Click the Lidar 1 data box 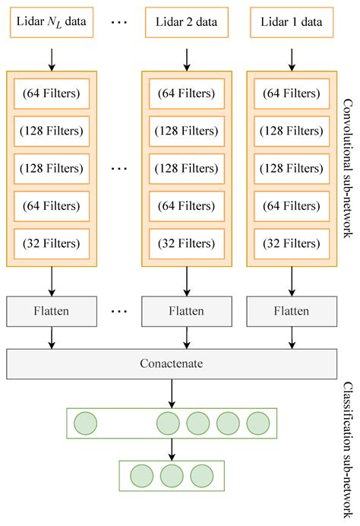(292, 22)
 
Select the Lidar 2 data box (186, 22)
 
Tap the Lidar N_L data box (51, 22)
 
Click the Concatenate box (172, 363)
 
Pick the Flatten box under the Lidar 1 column (292, 311)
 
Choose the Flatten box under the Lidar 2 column (186, 311)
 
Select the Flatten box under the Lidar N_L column (51, 311)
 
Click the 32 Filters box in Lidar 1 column (292, 243)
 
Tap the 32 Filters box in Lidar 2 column (186, 243)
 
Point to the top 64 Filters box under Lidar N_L (51, 93)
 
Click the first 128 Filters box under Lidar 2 (186, 131)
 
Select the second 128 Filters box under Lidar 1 (292, 168)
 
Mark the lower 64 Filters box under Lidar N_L (51, 206)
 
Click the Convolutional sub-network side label (348, 167)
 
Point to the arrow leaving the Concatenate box (172, 392)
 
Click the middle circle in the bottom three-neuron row (172, 476)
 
